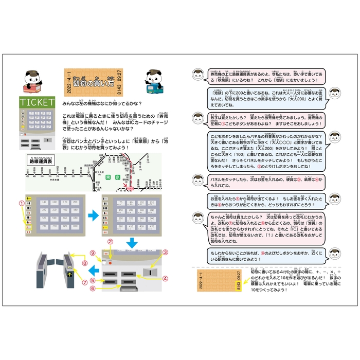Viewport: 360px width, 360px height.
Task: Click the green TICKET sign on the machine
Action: [x=37, y=102]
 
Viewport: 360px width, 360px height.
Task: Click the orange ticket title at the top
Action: [x=93, y=81]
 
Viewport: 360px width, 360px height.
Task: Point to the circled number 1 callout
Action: [x=22, y=203]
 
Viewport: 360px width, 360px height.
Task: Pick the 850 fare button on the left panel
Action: [x=76, y=226]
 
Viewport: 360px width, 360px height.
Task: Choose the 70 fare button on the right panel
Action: [x=121, y=203]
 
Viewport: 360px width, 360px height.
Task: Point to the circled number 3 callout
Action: [x=166, y=253]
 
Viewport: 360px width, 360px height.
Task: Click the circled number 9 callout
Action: [x=93, y=253]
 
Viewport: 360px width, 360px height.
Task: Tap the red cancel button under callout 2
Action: [x=110, y=262]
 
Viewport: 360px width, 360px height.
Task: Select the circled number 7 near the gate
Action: [x=84, y=283]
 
